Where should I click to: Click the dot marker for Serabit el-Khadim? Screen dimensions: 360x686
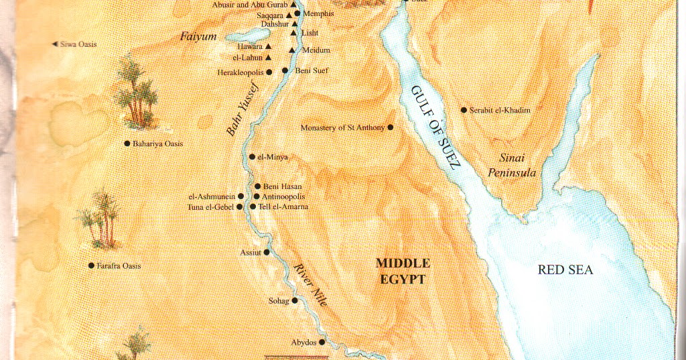coord(463,109)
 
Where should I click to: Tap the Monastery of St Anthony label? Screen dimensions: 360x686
coord(342,127)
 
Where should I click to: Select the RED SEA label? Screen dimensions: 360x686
coord(565,270)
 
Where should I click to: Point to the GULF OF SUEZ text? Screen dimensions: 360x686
coord(434,127)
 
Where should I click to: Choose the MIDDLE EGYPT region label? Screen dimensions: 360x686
coord(402,272)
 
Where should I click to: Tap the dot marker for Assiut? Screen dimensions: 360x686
coord(267,252)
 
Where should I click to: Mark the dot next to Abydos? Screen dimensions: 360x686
coord(322,342)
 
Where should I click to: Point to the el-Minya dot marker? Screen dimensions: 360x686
coord(252,157)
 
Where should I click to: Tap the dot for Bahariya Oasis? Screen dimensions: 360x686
coord(127,143)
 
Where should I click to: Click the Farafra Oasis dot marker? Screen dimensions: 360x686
coord(91,265)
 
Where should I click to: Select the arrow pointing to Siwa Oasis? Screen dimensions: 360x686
coord(55,44)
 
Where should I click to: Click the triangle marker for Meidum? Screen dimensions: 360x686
coord(292,50)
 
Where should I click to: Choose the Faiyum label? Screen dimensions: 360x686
coord(198,37)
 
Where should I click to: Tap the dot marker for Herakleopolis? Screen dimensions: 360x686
coord(269,72)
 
